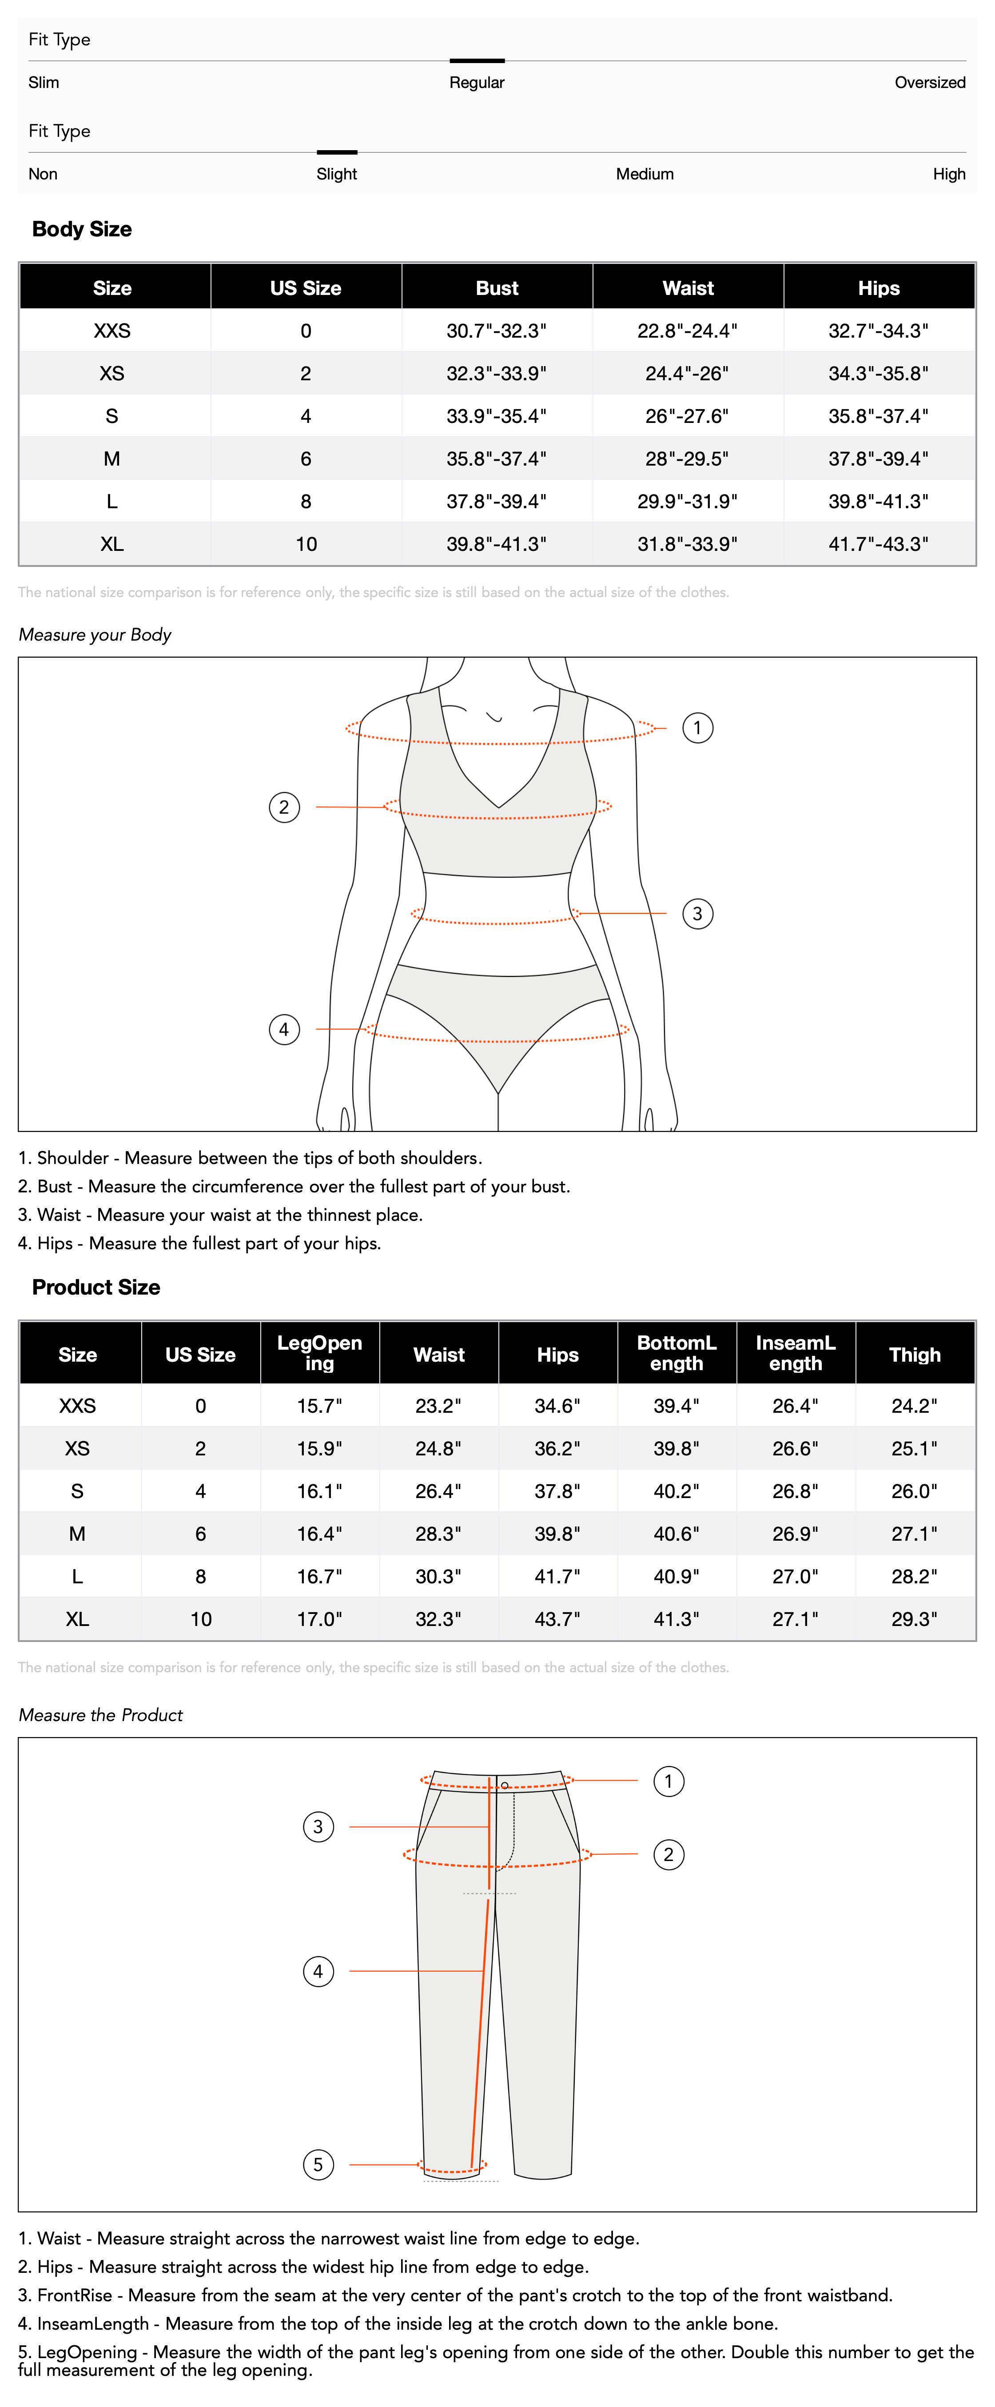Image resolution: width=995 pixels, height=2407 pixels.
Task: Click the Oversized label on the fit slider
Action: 930,82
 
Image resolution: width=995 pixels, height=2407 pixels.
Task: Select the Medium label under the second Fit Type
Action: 645,174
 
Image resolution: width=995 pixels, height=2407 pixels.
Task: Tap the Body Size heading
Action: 82,229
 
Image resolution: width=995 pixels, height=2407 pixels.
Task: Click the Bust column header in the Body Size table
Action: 497,288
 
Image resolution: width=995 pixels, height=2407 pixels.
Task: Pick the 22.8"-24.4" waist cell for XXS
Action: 688,331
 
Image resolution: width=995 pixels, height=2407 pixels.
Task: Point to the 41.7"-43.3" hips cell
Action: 878,544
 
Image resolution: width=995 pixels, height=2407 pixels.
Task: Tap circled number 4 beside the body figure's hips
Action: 284,1030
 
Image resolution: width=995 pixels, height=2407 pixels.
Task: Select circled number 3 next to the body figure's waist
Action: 697,914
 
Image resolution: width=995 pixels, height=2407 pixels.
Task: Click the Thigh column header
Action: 915,1355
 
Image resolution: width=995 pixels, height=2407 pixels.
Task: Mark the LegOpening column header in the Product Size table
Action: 319,1353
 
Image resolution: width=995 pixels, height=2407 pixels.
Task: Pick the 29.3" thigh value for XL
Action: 915,1619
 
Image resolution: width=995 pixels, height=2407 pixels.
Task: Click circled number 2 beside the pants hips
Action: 668,1855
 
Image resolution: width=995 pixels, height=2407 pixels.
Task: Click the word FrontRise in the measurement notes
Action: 75,2295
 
